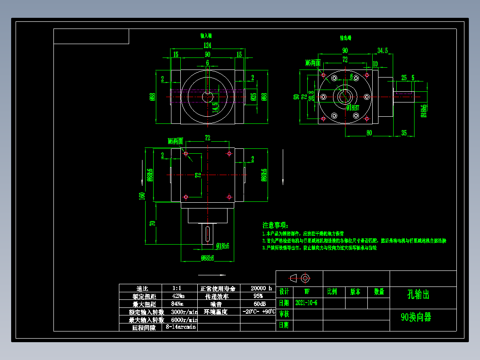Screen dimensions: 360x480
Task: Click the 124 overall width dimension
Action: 207,45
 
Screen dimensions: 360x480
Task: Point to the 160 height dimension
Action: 142,196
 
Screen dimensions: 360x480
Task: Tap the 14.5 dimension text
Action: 215,107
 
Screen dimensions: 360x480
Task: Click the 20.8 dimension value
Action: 311,97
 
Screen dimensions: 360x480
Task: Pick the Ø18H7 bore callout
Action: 353,108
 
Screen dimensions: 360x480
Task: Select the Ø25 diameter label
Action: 253,97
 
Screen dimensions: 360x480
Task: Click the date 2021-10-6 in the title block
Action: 306,303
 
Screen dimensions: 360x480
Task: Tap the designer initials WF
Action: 306,292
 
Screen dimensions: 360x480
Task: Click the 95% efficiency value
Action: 258,296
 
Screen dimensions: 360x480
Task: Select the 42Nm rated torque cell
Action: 179,296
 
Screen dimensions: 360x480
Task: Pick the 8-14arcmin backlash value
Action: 181,327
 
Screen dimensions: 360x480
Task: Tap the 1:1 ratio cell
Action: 178,288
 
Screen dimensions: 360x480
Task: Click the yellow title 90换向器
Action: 416,317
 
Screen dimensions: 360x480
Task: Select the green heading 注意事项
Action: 275,225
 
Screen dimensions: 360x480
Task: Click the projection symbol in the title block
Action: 299,278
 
